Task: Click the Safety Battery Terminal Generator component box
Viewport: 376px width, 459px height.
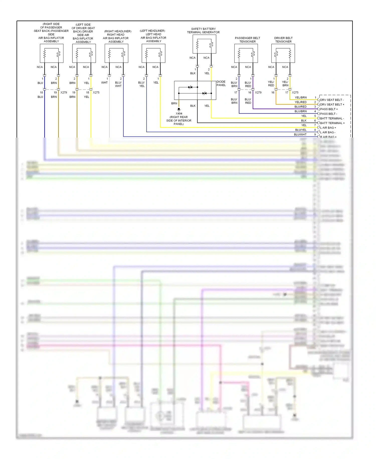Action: pos(204,44)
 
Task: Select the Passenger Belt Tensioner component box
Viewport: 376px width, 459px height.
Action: pos(246,53)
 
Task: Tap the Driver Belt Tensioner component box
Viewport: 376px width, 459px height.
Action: pos(283,53)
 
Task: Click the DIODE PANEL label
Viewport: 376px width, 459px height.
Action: pos(221,83)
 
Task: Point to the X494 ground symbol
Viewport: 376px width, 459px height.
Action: pos(179,109)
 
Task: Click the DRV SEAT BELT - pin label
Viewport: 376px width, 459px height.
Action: pos(332,100)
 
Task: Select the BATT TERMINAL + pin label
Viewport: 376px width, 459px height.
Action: pos(332,123)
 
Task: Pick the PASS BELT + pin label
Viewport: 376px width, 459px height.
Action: pos(329,109)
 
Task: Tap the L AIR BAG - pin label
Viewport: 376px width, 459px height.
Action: pos(328,132)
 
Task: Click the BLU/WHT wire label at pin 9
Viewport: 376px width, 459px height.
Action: pos(300,135)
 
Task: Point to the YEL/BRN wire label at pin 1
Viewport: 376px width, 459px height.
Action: pos(301,98)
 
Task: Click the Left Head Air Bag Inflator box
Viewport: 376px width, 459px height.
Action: pos(153,53)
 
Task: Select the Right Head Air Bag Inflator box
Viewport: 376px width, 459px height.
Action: pos(116,53)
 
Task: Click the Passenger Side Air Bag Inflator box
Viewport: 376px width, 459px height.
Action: pos(52,53)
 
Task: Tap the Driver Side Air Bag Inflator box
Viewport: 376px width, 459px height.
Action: pos(84,53)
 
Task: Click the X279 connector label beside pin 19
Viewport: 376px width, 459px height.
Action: pos(64,92)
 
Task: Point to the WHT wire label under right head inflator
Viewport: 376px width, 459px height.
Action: pos(104,83)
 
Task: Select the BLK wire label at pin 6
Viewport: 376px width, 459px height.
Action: pos(304,121)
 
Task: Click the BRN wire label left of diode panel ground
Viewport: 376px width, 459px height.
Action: pos(174,103)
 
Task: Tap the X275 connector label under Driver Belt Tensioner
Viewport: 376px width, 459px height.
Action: pos(295,92)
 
